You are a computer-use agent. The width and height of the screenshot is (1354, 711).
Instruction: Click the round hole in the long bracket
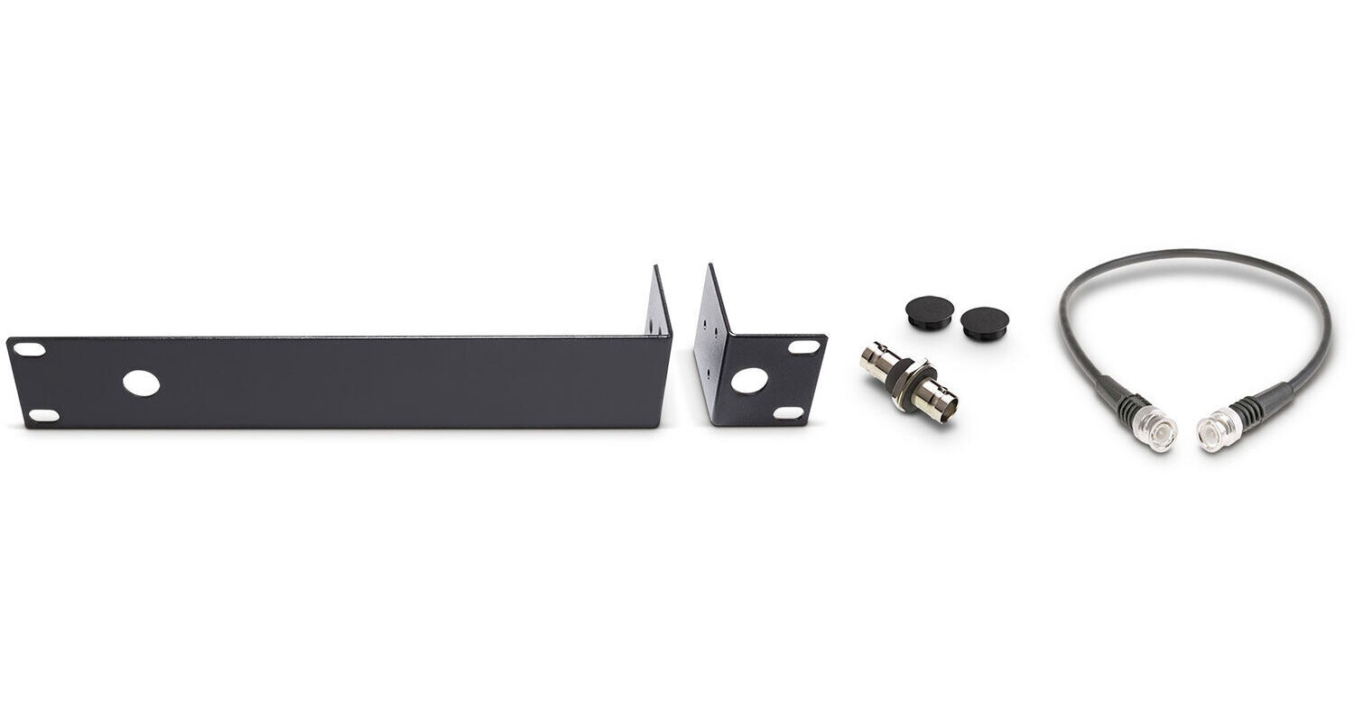[x=142, y=383]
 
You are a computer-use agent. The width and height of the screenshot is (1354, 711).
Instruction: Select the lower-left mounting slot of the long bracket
[x=43, y=416]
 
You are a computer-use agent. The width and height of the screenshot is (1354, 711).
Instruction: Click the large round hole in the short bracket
[x=748, y=381]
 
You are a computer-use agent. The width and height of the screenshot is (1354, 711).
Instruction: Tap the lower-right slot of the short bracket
[x=789, y=412]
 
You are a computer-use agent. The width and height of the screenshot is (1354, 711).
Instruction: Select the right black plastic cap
[x=984, y=321]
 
